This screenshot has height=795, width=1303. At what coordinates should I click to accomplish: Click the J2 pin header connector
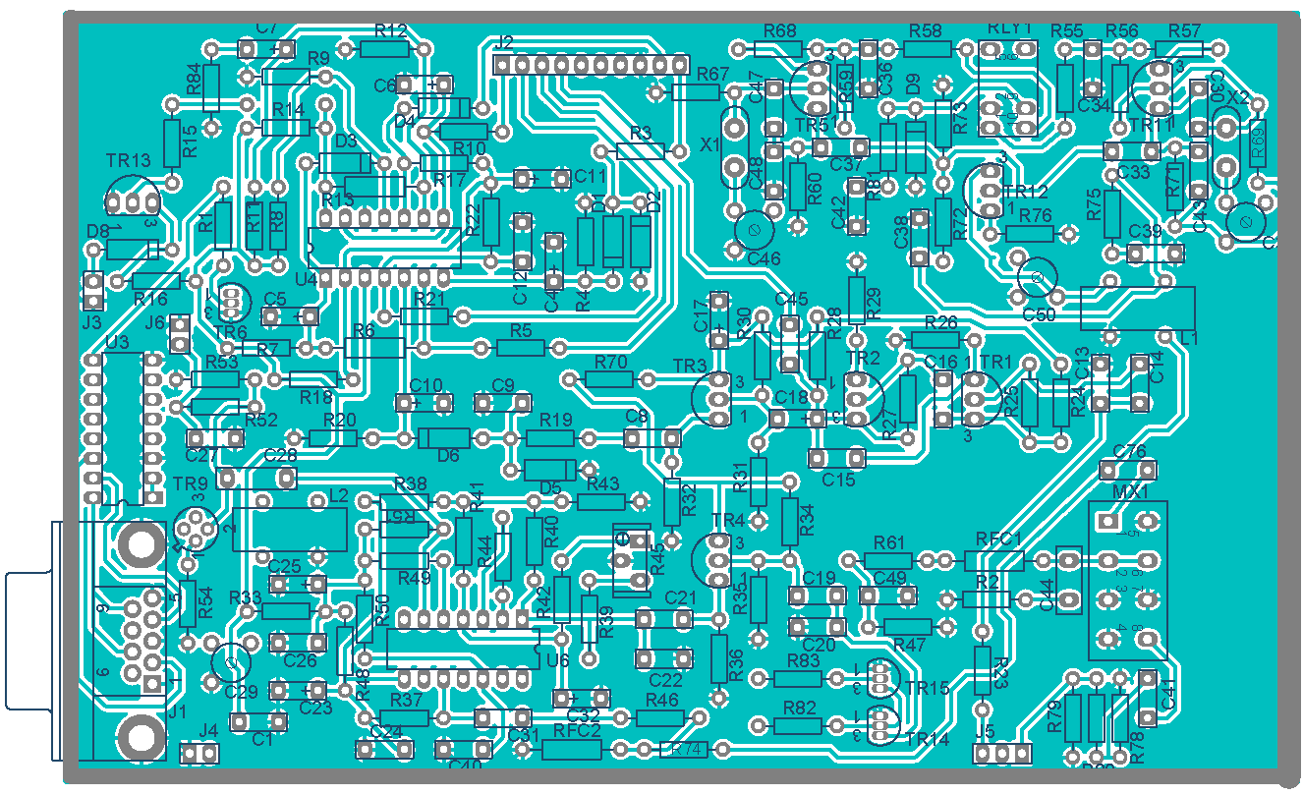click(590, 65)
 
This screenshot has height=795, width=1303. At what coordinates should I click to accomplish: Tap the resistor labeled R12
click(384, 49)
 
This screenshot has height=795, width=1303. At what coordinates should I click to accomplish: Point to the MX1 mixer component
click(1127, 580)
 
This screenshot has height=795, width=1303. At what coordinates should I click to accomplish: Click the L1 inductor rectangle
click(1137, 309)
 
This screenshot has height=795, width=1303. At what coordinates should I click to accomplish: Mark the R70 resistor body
click(610, 379)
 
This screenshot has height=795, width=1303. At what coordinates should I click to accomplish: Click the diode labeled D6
click(444, 437)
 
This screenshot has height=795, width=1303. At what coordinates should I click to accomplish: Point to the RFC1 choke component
click(993, 560)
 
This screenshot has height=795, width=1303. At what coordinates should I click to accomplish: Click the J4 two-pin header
click(199, 754)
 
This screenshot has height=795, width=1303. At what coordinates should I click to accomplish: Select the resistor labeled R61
click(888, 560)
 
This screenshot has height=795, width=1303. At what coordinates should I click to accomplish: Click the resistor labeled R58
click(928, 49)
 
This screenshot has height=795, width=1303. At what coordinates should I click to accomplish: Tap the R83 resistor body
click(797, 678)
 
